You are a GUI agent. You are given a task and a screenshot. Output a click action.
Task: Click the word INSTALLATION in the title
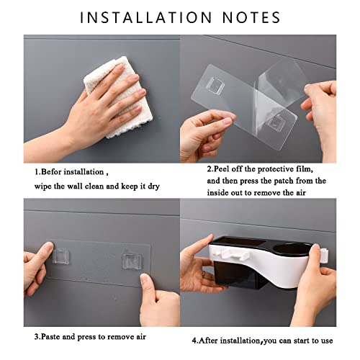coord(146,17)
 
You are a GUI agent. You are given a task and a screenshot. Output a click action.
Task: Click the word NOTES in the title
coord(251,17)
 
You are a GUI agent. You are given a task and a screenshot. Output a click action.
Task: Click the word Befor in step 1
coord(52,172)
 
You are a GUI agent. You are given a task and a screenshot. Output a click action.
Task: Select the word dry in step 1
coord(154,186)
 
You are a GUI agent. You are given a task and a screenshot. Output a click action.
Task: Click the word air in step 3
coord(141,337)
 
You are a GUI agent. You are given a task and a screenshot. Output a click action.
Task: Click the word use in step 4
coord(327,341)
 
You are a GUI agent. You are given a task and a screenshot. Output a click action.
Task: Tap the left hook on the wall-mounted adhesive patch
coord(61,256)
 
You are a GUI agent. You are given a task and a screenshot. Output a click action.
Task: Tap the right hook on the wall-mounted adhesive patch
coord(131,261)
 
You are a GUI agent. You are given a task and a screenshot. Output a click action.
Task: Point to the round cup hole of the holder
coord(292,250)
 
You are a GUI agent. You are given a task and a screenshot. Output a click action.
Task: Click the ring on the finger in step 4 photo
coord(204,274)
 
